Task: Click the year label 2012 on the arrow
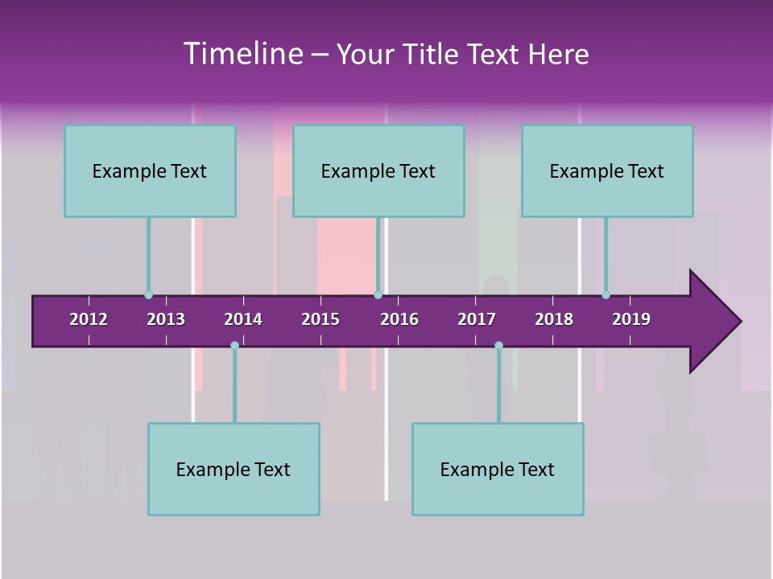point(89,319)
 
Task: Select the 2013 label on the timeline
point(166,319)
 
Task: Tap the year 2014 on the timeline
point(243,319)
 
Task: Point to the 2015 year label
point(320,319)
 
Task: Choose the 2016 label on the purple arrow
point(399,319)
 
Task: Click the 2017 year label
point(477,319)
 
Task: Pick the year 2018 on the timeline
point(554,319)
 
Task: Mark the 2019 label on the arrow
point(631,319)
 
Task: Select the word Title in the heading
point(430,54)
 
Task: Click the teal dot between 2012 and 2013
point(148,295)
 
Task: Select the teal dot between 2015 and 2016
point(378,295)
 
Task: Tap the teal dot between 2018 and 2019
point(606,295)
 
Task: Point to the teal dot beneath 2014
point(234,346)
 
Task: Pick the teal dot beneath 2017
point(498,346)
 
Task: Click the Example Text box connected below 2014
point(234,469)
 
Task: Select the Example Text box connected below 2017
point(498,469)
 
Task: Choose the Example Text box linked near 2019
point(607,170)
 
